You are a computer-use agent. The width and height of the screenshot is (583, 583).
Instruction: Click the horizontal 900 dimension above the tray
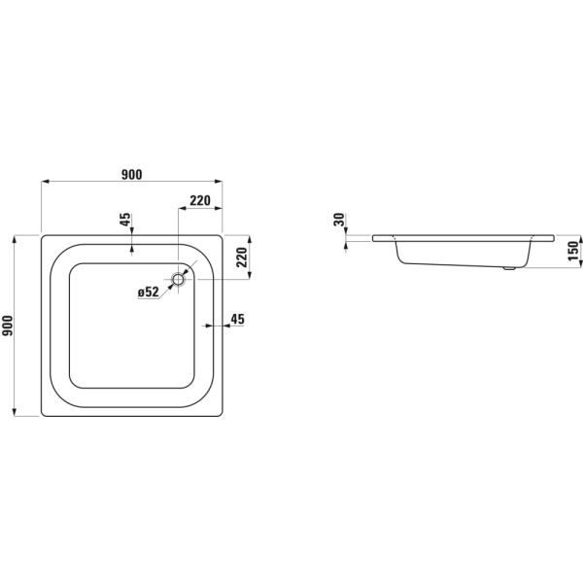point(131,174)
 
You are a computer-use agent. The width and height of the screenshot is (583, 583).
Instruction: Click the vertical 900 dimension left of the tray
point(8,326)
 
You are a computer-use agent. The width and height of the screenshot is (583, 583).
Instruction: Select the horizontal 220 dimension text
point(200,201)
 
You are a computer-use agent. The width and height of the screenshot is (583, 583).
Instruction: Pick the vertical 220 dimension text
point(242,257)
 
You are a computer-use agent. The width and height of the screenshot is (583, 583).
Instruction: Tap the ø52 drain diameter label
point(149,292)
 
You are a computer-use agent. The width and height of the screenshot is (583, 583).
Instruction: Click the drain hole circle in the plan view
point(179,279)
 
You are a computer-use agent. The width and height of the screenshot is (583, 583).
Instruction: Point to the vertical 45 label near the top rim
point(125,219)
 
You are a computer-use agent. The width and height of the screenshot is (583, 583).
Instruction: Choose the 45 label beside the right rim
point(238,319)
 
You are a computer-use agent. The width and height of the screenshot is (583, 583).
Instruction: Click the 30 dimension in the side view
point(339,220)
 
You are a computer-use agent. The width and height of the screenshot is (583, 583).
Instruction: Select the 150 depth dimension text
point(573,251)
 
